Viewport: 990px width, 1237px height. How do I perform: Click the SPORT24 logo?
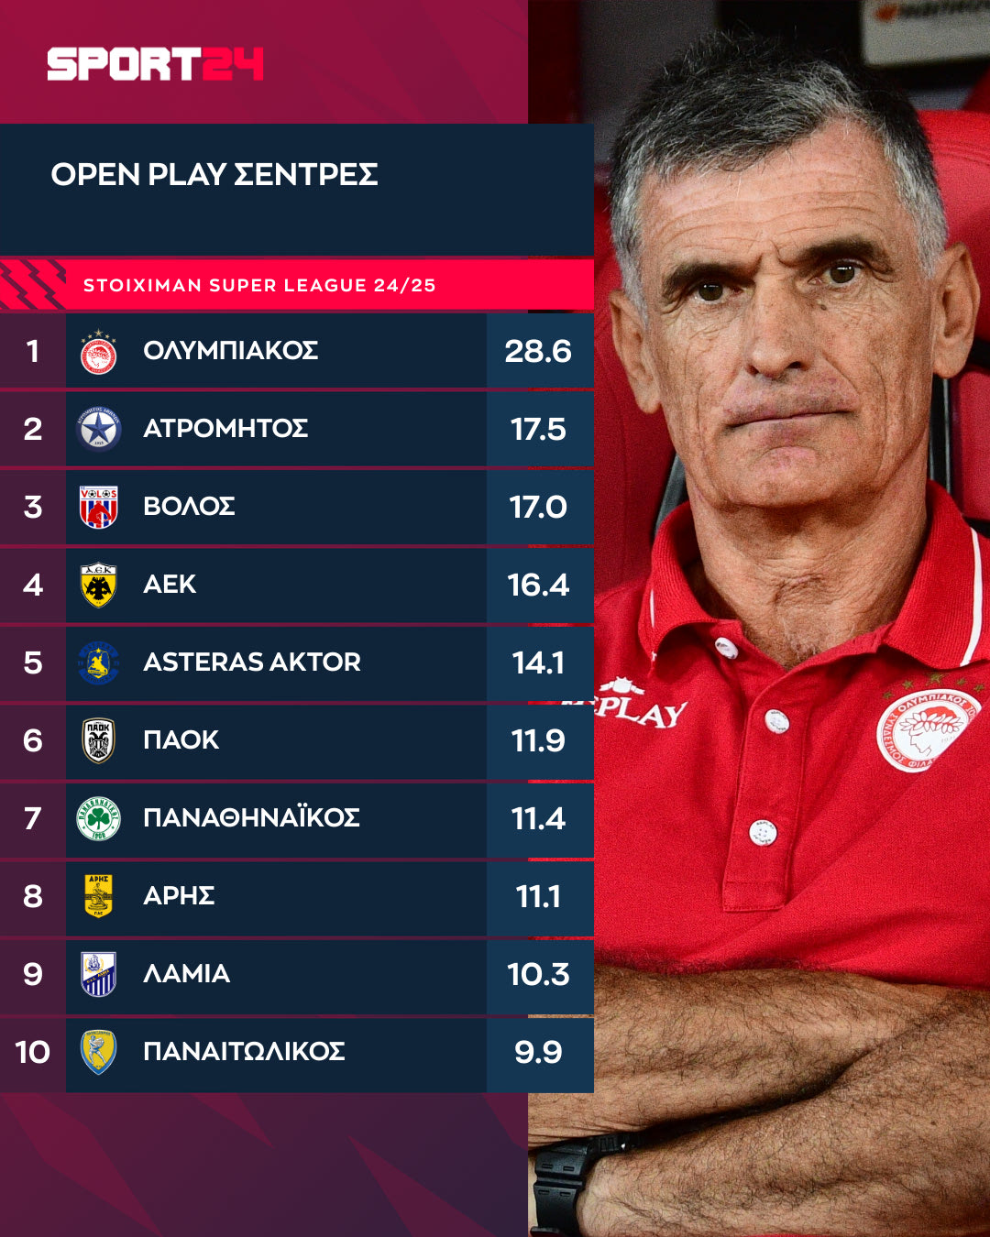(x=155, y=64)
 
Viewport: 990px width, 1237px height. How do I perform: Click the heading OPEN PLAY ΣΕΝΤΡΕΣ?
(x=214, y=174)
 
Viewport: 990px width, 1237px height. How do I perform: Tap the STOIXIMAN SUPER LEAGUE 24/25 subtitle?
(x=259, y=285)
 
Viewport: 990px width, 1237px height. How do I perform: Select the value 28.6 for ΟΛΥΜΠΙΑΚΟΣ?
(x=538, y=351)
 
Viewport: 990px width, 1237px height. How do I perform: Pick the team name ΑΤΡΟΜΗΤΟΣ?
(x=225, y=428)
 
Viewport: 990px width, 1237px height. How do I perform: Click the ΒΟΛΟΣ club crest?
(x=98, y=507)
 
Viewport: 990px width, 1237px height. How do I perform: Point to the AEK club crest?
(x=98, y=585)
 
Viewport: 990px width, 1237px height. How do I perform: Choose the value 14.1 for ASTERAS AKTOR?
(x=538, y=662)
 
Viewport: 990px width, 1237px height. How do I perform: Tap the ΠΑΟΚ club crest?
(x=98, y=740)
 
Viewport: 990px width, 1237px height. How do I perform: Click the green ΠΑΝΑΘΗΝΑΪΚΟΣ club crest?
(x=98, y=818)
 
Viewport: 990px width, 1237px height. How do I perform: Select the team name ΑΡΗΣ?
(x=179, y=895)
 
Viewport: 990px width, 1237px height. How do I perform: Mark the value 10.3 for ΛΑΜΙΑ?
(x=538, y=974)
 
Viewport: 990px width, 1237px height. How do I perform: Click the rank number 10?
(x=32, y=1052)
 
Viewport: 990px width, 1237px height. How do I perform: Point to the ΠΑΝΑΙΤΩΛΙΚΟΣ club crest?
(x=98, y=1052)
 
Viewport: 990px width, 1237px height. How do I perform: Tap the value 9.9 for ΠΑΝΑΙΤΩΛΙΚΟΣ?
(x=538, y=1052)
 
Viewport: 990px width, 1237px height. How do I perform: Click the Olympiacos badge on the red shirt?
(x=928, y=730)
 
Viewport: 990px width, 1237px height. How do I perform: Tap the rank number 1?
(x=32, y=351)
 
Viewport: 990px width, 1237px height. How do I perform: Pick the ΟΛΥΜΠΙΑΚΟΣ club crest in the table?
(x=98, y=352)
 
